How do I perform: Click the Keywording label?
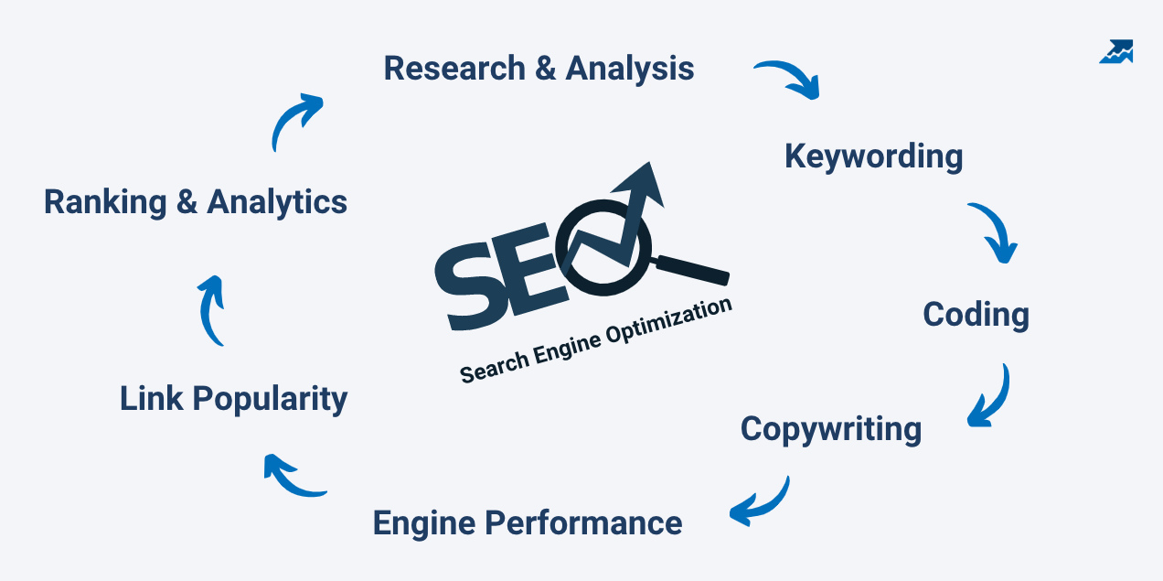pyautogui.click(x=874, y=156)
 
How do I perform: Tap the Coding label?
pyautogui.click(x=976, y=315)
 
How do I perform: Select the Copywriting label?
pyautogui.click(x=831, y=429)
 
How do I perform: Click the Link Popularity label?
pyautogui.click(x=234, y=399)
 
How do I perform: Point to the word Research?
pyautogui.click(x=454, y=68)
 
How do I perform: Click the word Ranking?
pyautogui.click(x=105, y=202)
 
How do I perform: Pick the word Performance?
pyautogui.click(x=583, y=523)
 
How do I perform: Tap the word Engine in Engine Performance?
pyautogui.click(x=424, y=524)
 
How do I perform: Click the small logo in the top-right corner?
pyautogui.click(x=1116, y=51)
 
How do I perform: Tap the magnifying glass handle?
pyautogui.click(x=693, y=270)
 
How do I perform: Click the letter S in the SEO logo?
pyautogui.click(x=470, y=286)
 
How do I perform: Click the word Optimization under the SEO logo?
pyautogui.click(x=670, y=321)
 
